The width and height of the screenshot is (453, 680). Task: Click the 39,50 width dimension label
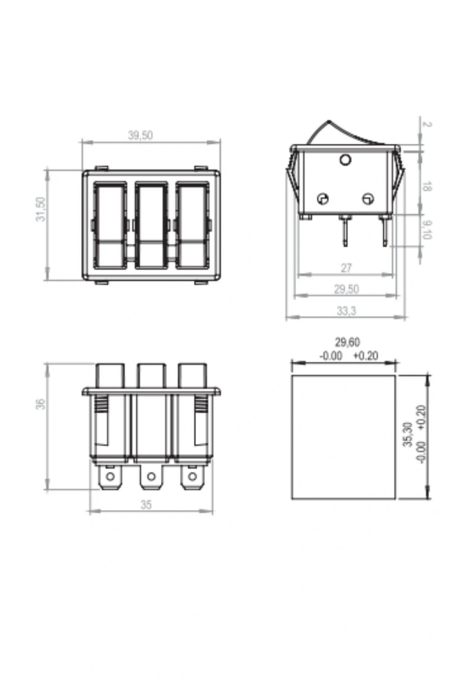click(140, 135)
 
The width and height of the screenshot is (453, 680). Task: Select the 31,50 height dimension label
click(41, 209)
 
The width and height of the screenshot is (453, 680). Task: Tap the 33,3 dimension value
click(346, 311)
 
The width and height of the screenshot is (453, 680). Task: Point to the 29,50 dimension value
click(346, 289)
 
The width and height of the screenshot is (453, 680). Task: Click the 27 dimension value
click(346, 268)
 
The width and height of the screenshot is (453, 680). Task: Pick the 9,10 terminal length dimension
click(427, 230)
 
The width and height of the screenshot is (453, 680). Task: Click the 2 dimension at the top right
click(427, 124)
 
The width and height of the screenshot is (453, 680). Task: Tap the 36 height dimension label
click(41, 404)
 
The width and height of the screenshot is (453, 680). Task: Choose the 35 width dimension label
click(146, 505)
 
